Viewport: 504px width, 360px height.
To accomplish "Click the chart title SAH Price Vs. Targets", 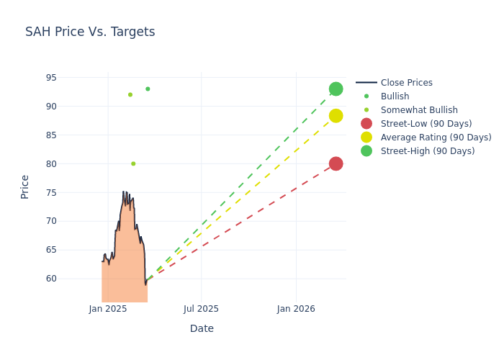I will [90, 32].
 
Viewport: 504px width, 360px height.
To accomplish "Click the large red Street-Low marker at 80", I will [336, 163].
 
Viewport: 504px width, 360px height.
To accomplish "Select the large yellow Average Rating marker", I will [336, 116].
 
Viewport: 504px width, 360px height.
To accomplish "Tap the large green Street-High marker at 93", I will [336, 89].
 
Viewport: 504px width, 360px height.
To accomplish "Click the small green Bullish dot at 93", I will [148, 89].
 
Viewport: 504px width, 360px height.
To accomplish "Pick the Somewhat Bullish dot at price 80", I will [133, 163].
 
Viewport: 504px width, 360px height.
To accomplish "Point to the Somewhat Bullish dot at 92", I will [130, 94].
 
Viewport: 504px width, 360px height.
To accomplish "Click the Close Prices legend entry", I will [406, 83].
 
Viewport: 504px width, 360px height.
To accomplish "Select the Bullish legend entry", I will [395, 96].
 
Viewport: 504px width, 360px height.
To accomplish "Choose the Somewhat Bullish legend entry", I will [419, 110].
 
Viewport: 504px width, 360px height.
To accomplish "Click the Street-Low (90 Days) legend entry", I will [426, 124].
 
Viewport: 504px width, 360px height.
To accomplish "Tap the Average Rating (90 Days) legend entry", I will [436, 138].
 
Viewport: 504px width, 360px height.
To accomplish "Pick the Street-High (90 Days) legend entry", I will [428, 151].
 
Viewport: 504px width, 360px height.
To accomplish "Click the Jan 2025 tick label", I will [108, 309].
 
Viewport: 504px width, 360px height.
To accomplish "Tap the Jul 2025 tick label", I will [201, 309].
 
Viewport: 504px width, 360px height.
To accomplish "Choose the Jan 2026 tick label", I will [296, 309].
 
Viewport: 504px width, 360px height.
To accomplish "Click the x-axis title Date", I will [202, 328].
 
